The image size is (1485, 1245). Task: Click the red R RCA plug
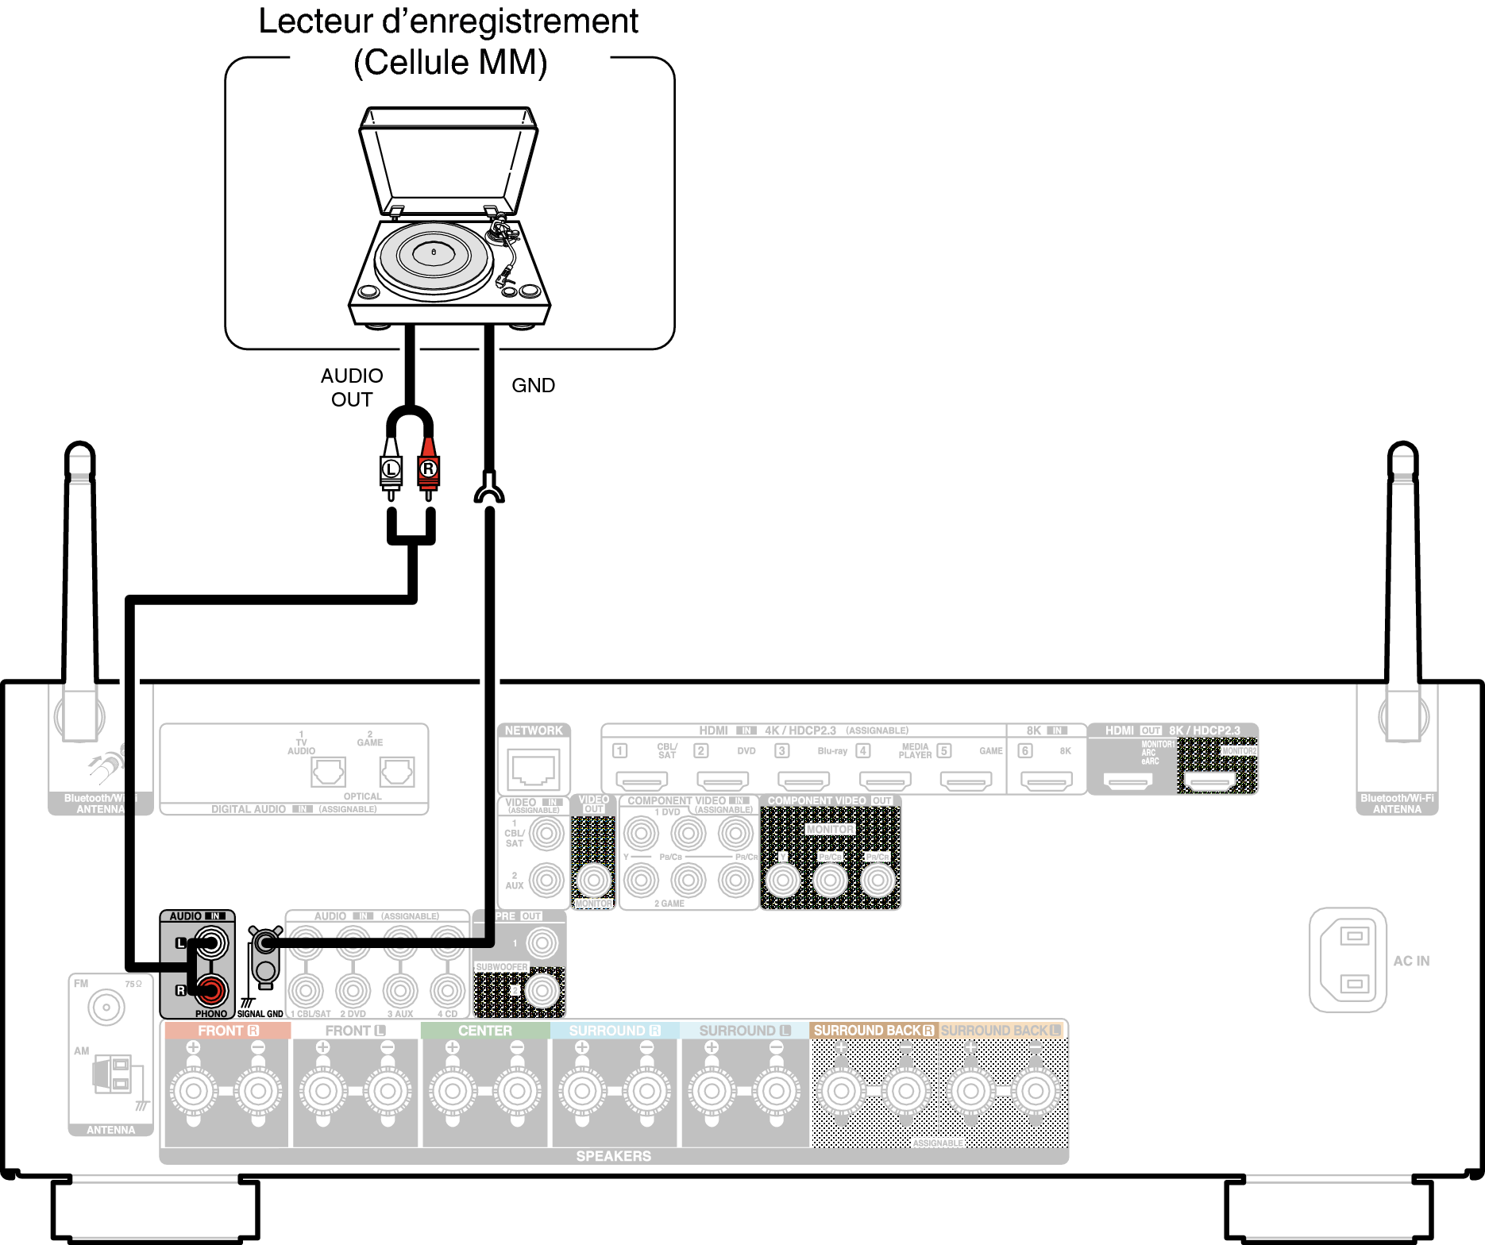[x=429, y=469]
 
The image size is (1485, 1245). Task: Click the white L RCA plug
[x=391, y=469]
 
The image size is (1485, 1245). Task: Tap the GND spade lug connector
[x=489, y=489]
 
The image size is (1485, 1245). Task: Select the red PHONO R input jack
[x=211, y=989]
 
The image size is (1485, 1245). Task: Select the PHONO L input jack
[x=211, y=943]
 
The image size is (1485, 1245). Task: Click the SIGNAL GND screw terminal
[x=265, y=943]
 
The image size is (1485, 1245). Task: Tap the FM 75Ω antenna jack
[x=106, y=1008]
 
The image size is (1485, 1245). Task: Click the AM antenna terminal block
[x=113, y=1075]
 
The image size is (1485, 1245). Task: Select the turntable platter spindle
[x=434, y=252]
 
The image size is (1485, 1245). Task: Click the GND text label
[x=533, y=386]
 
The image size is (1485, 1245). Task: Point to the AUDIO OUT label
[x=352, y=387]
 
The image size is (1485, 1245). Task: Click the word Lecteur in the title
[x=315, y=22]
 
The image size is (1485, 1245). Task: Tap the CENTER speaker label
[x=484, y=1031]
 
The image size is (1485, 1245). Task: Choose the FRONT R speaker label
[x=228, y=1031]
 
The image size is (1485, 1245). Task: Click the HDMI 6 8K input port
[x=1046, y=782]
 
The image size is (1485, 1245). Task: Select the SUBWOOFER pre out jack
[x=542, y=989]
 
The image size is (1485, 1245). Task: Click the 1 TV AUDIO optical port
[x=328, y=772]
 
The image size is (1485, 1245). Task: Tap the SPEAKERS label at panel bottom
[x=613, y=1156]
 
